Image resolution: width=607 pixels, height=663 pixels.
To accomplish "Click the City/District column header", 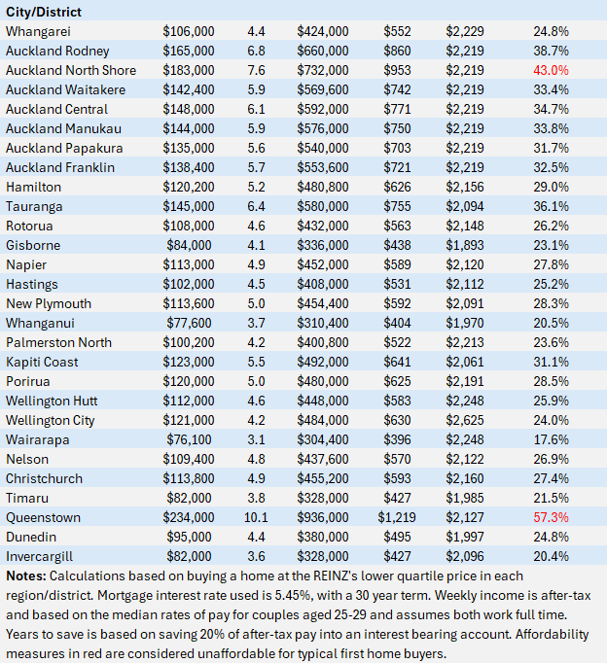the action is [x=44, y=12].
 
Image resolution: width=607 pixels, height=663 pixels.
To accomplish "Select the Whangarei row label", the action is [x=38, y=31].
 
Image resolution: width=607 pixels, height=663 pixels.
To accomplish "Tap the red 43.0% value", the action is [x=551, y=70].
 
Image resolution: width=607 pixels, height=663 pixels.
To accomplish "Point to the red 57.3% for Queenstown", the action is [x=551, y=517].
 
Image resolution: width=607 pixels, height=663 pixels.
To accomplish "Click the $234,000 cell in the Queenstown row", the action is [x=189, y=517].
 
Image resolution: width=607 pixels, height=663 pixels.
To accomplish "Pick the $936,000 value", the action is [x=323, y=517].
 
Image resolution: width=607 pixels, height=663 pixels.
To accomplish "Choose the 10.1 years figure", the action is [x=256, y=517].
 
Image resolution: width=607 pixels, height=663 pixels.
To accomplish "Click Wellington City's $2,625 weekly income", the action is [x=465, y=420].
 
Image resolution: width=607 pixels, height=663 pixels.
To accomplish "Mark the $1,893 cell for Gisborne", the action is [x=465, y=245].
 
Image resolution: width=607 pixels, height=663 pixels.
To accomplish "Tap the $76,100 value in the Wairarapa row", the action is [x=189, y=439].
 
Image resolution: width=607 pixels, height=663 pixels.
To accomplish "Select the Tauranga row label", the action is [x=34, y=206].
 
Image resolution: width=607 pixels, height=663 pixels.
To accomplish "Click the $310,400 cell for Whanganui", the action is [x=323, y=323].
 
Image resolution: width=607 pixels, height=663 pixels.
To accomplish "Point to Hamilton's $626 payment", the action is [x=397, y=187].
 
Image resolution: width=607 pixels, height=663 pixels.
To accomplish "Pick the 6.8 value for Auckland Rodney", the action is [x=256, y=51].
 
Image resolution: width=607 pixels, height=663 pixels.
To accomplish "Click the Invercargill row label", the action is [x=39, y=556].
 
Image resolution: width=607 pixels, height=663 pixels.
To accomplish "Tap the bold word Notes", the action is [x=26, y=576].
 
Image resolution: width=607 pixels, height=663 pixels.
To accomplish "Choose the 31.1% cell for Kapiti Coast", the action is [x=551, y=362].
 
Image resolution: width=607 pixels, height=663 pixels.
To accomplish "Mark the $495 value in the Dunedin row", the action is [x=397, y=537].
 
